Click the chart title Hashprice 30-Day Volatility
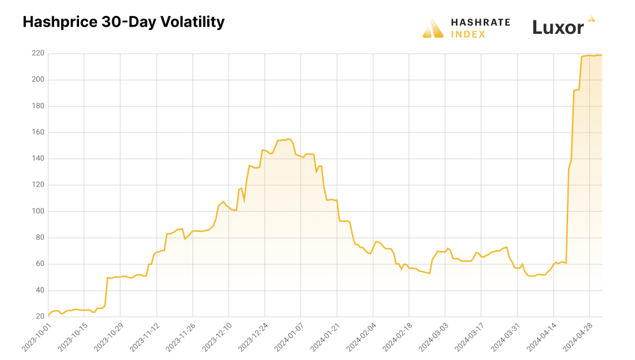tap(124, 22)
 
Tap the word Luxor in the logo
tap(558, 28)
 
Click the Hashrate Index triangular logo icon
tap(433, 28)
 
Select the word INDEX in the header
tap(469, 34)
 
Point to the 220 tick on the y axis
tap(38, 54)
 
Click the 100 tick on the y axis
tap(38, 211)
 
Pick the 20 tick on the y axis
tap(40, 316)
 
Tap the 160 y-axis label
tap(38, 133)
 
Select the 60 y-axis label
tap(40, 264)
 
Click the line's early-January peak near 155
tap(288, 139)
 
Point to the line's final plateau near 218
tap(593, 55)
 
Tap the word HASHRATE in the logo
tap(481, 22)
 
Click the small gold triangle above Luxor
tap(592, 19)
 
